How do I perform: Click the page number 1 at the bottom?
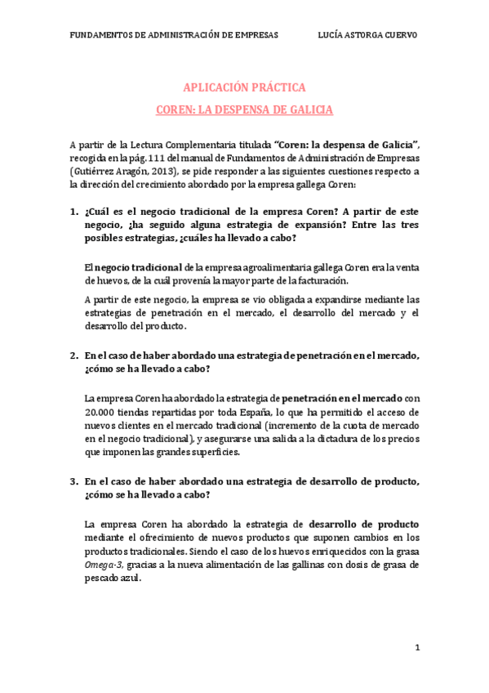416,647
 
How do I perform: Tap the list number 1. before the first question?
73,213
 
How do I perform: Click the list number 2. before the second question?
73,355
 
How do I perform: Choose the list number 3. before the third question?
73,481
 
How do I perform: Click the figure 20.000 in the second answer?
100,412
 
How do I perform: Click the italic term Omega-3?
102,564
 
